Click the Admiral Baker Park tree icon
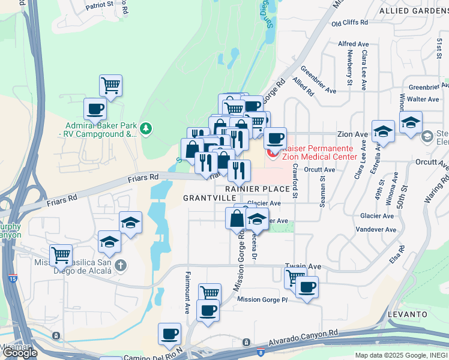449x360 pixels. coord(146,128)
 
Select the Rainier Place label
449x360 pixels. coord(258,189)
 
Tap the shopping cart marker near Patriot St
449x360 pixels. coord(110,85)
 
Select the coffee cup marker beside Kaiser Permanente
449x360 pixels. coord(275,138)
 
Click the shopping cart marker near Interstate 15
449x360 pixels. coord(61,255)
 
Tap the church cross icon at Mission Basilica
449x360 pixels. coord(120,265)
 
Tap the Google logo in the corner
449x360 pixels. coord(20,353)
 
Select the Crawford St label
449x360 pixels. coord(295,180)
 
